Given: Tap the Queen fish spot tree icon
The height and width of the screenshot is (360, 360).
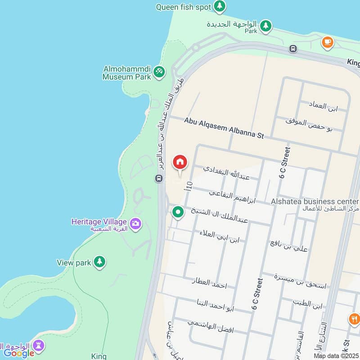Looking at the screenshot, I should click(220, 6).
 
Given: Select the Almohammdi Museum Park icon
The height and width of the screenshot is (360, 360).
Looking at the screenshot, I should click(158, 72).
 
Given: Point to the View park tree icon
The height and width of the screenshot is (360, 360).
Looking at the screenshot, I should click(99, 261).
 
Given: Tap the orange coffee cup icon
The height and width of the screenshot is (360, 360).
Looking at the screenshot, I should click(327, 42).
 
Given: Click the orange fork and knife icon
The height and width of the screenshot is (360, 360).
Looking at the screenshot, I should click(354, 319).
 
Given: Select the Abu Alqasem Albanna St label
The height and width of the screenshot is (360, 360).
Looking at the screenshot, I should click(224, 128).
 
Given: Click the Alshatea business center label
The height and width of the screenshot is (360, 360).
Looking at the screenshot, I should click(315, 202).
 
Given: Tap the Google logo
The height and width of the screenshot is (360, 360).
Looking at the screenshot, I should click(19, 353).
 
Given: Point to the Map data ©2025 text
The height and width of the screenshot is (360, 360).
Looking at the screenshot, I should click(336, 355).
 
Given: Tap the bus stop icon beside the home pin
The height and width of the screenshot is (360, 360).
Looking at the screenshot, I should click(158, 179).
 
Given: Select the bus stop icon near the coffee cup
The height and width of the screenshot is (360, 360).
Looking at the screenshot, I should click(293, 49).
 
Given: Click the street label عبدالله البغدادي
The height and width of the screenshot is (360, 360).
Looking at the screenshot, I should click(226, 173).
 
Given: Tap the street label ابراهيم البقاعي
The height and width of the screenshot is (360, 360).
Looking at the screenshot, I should click(232, 197).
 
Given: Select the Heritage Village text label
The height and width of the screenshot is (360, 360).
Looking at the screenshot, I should click(99, 221).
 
